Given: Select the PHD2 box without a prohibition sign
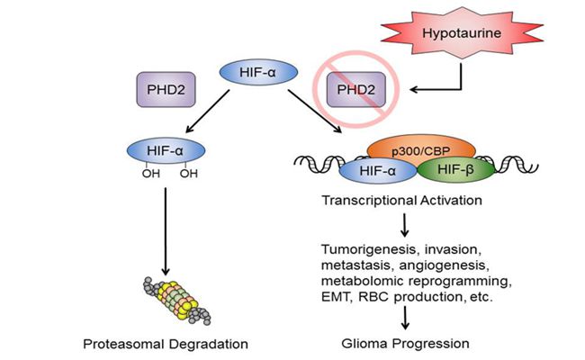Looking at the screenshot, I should coord(159,90).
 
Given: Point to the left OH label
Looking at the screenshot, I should coord(146,175).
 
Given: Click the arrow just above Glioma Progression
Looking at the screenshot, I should coord(409,316).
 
